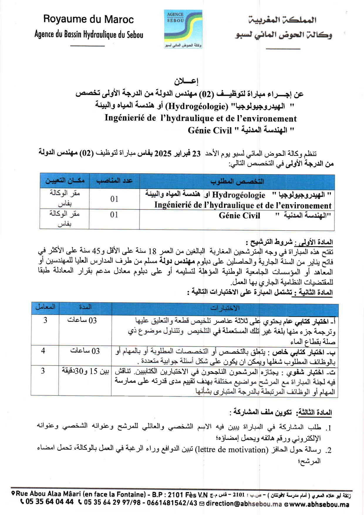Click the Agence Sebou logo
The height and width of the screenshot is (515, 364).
[183, 29]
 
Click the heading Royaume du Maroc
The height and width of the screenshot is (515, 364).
[88, 19]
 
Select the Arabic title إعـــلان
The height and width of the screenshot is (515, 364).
[186, 81]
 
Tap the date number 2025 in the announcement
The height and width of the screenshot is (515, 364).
[163, 153]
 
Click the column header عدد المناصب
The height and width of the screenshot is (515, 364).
[114, 181]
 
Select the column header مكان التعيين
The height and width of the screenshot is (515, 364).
[65, 181]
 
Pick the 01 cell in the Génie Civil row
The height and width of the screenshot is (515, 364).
[114, 215]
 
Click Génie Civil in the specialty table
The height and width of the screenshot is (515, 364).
[239, 216]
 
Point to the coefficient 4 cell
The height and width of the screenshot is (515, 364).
[43, 351]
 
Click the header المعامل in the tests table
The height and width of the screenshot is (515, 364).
[45, 307]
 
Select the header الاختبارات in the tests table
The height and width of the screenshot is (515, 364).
[225, 308]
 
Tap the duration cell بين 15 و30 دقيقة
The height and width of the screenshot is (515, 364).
[85, 371]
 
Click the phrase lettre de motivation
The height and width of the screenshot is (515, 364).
[232, 450]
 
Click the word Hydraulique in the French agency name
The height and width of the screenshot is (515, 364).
[100, 35]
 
